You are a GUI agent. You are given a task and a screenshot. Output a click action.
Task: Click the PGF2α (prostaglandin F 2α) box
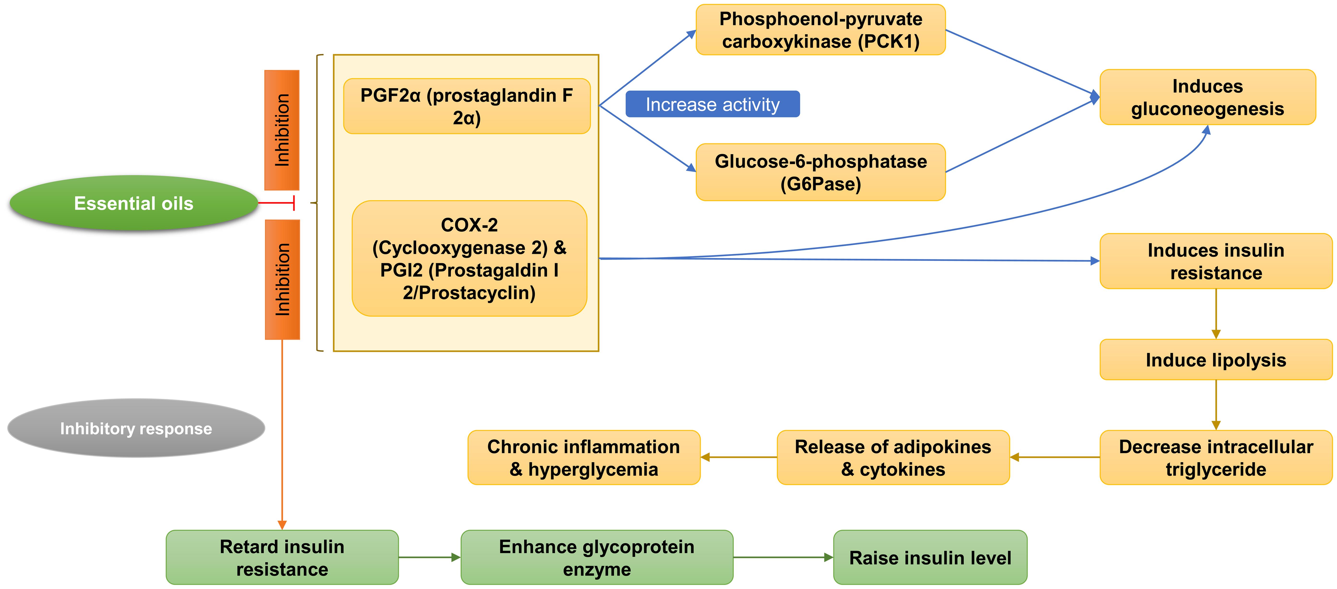[467, 106]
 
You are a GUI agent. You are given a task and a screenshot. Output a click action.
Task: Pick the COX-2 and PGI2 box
[469, 258]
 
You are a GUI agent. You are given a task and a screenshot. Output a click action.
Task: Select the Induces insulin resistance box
[1216, 261]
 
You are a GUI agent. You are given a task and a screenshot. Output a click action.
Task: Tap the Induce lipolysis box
[1216, 360]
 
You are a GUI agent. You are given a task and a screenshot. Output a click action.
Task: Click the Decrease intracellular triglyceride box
[1216, 458]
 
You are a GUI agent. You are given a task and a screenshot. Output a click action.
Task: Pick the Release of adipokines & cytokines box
[893, 458]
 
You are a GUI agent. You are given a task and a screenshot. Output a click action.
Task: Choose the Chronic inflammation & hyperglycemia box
[583, 458]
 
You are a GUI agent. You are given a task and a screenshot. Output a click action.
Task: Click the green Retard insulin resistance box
[282, 557]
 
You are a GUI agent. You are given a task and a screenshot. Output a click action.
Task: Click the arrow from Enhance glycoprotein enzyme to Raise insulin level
[783, 557]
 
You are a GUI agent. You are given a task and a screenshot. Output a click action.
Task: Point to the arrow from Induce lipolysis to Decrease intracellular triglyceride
[1216, 405]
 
